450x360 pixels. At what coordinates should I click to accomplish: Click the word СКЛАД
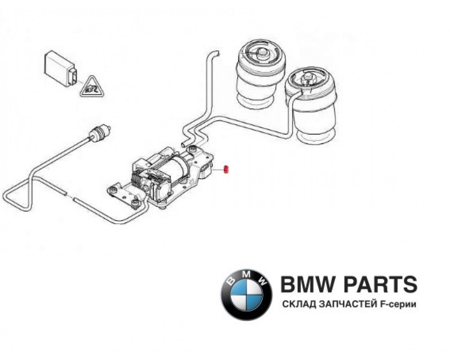296,305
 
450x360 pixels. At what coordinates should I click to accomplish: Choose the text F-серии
398,305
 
